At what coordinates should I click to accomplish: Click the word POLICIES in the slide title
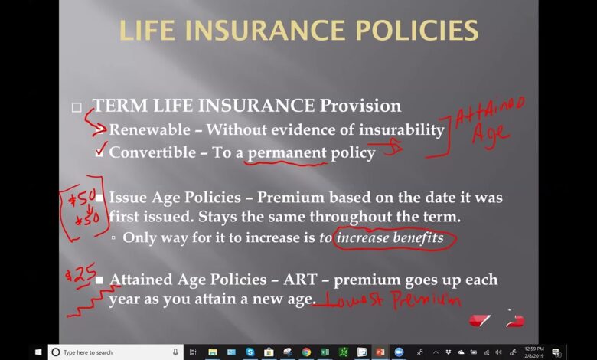point(417,31)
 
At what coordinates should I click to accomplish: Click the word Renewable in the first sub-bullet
point(149,130)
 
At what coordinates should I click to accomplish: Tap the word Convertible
point(152,152)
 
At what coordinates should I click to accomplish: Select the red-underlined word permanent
point(287,153)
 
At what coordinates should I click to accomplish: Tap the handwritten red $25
point(80,275)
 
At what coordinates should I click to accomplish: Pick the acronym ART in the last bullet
point(300,280)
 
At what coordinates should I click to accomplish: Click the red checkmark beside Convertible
point(101,149)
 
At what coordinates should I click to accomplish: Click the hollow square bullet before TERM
point(77,107)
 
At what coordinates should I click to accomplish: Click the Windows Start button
point(38,352)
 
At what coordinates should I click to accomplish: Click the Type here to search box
point(114,352)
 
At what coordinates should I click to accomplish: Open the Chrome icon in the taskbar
point(305,352)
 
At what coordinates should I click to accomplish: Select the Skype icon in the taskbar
point(250,352)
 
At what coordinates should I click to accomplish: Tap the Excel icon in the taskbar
point(325,352)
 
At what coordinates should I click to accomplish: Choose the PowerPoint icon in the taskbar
point(380,352)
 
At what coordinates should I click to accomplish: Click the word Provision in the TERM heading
point(360,106)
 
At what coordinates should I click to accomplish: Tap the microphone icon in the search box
point(175,352)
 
